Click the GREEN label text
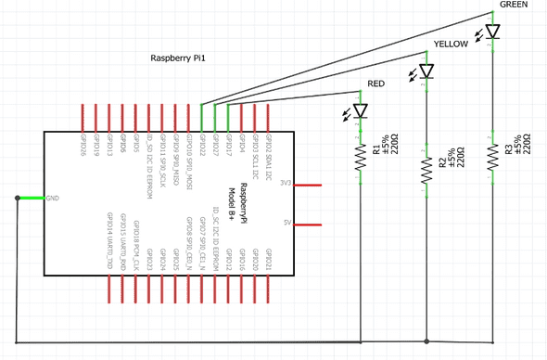click(x=514, y=5)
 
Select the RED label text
click(x=375, y=84)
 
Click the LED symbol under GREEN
click(x=492, y=32)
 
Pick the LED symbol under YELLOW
click(x=426, y=71)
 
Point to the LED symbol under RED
click(x=361, y=111)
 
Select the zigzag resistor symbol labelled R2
click(x=426, y=169)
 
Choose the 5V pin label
click(x=287, y=224)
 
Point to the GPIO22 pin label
click(x=202, y=149)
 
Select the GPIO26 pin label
click(x=83, y=149)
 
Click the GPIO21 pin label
click(x=270, y=261)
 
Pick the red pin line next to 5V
click(x=308, y=224)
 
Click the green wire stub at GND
click(x=30, y=198)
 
